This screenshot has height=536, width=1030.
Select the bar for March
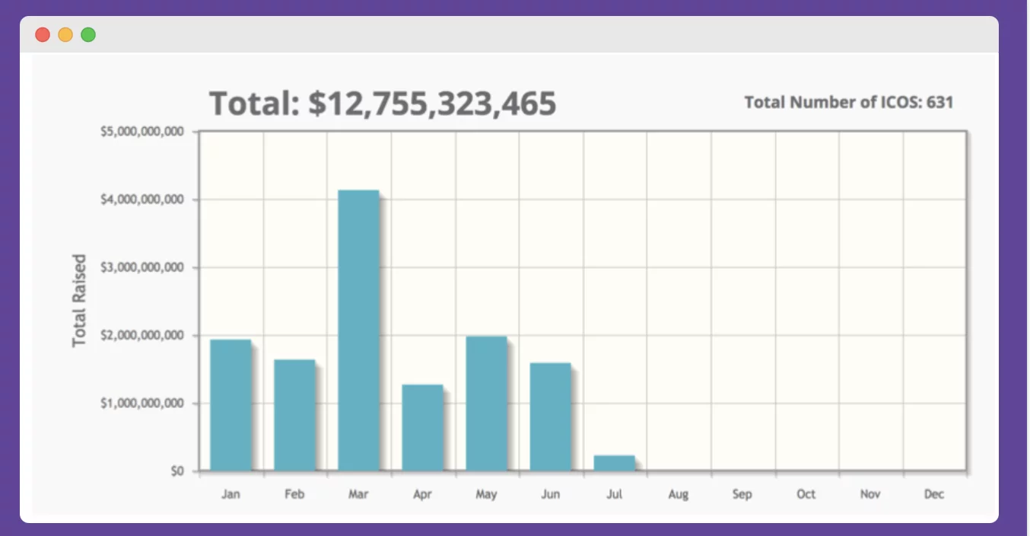(x=358, y=330)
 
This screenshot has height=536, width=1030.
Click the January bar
(x=230, y=405)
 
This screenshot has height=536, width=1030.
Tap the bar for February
(x=294, y=415)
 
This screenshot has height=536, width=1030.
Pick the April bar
(x=422, y=427)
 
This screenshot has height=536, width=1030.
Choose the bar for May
(x=486, y=404)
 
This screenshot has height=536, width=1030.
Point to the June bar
(x=550, y=416)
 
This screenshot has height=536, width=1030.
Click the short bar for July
(x=614, y=463)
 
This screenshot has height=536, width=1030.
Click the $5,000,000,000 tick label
(x=142, y=132)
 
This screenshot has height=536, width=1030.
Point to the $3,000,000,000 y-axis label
(x=142, y=267)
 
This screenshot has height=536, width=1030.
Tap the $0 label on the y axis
(x=177, y=471)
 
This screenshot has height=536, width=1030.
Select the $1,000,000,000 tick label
(x=142, y=403)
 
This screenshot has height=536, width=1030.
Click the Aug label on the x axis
(x=678, y=494)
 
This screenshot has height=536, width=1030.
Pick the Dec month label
(x=934, y=494)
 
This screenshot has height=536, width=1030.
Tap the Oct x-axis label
(x=806, y=494)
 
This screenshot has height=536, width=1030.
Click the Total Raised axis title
(x=79, y=301)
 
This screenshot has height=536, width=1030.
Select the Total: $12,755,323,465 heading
(x=383, y=104)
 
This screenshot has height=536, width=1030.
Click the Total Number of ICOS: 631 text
(x=848, y=102)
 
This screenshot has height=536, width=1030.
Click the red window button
(x=43, y=34)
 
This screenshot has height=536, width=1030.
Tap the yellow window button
(x=65, y=34)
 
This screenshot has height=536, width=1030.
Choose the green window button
(x=88, y=34)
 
